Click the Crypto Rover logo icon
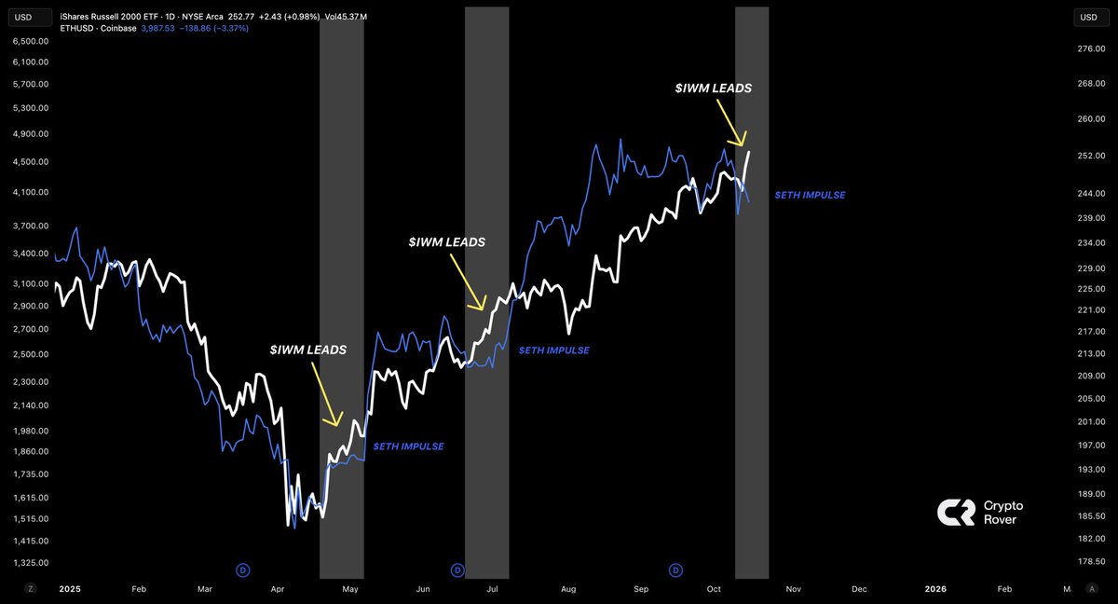pyautogui.click(x=955, y=512)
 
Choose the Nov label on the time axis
pyautogui.click(x=793, y=589)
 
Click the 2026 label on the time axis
pyautogui.click(x=935, y=589)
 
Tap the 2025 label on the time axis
pyautogui.click(x=69, y=589)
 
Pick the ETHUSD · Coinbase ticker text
pyautogui.click(x=98, y=29)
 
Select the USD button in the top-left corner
pyautogui.click(x=21, y=17)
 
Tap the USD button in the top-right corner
pyautogui.click(x=1089, y=17)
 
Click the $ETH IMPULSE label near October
pyautogui.click(x=810, y=195)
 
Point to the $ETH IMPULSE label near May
pyautogui.click(x=408, y=446)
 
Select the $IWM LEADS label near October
pyautogui.click(x=713, y=88)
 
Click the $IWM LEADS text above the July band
pyautogui.click(x=446, y=241)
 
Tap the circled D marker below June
pyautogui.click(x=457, y=570)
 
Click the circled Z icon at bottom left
pyautogui.click(x=31, y=589)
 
